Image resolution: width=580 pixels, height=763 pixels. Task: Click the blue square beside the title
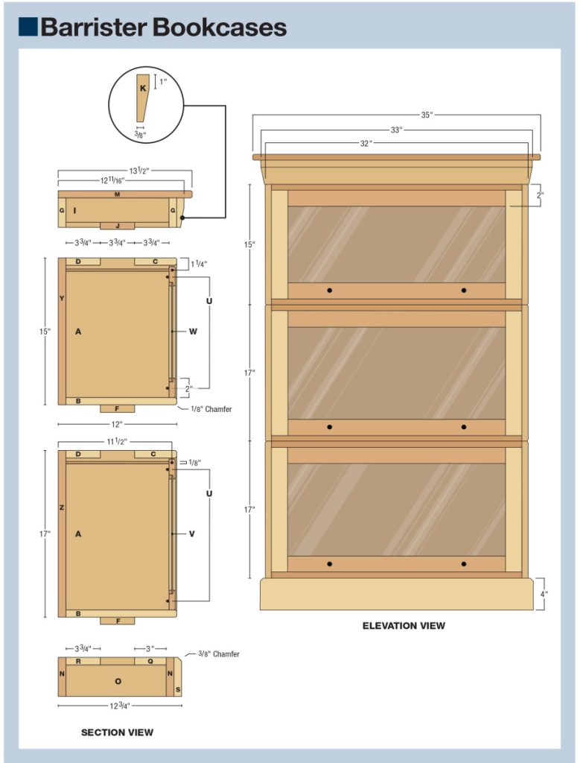[x=28, y=28]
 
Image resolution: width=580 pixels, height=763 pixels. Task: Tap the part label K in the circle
[x=143, y=87]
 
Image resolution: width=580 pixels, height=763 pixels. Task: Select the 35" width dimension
[x=426, y=115]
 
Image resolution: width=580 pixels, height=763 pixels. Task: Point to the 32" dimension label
[x=366, y=143]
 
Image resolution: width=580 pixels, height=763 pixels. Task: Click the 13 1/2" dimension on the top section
[x=139, y=171]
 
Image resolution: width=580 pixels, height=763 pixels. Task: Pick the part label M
[x=118, y=194]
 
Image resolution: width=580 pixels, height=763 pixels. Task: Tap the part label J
[x=118, y=225]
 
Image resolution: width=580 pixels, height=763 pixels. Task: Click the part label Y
[x=62, y=298]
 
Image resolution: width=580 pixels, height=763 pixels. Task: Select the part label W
[x=193, y=332]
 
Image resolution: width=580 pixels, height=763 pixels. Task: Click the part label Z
[x=62, y=507]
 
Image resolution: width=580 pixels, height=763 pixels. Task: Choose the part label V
[x=192, y=534]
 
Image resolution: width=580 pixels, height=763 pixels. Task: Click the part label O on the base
[x=118, y=681]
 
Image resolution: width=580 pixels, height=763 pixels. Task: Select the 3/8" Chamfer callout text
[x=219, y=654]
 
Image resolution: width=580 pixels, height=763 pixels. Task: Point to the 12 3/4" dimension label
[x=120, y=706]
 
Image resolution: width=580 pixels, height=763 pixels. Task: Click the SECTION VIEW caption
[x=117, y=732]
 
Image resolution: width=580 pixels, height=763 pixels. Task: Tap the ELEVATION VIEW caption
[x=404, y=625]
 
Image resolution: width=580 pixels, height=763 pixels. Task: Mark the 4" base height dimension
[x=544, y=594]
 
